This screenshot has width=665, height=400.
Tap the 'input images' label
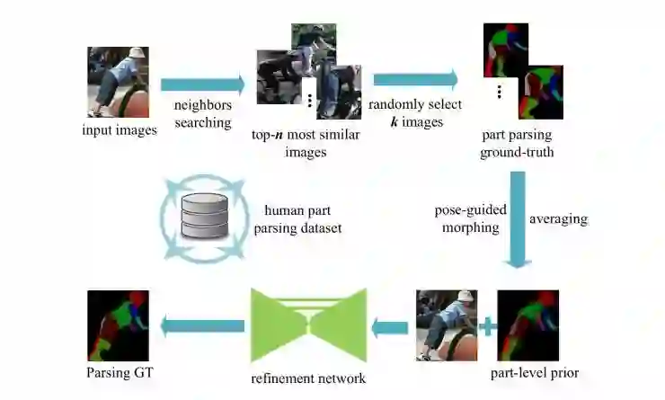119,130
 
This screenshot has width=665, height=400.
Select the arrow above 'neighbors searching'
203,85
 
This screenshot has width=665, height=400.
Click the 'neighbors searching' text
203,114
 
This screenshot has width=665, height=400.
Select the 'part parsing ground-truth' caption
517,144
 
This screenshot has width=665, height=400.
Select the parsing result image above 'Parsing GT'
117,325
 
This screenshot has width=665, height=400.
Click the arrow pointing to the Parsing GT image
203,325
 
